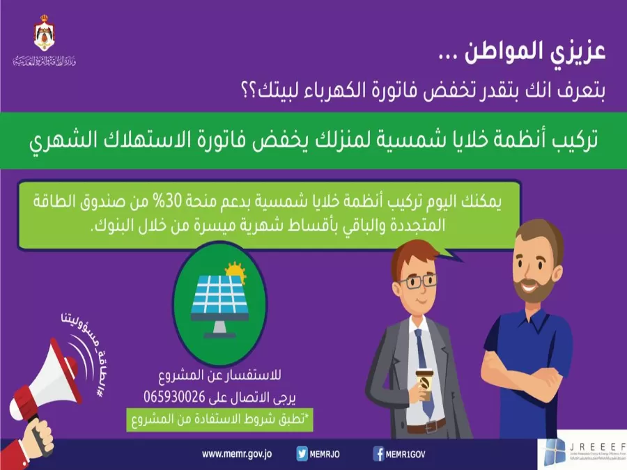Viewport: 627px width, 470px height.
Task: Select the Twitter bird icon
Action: pyautogui.click(x=302, y=454)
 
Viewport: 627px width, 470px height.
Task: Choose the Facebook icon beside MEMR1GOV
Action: pyautogui.click(x=378, y=454)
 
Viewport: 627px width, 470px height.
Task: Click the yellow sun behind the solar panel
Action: pyautogui.click(x=235, y=270)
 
